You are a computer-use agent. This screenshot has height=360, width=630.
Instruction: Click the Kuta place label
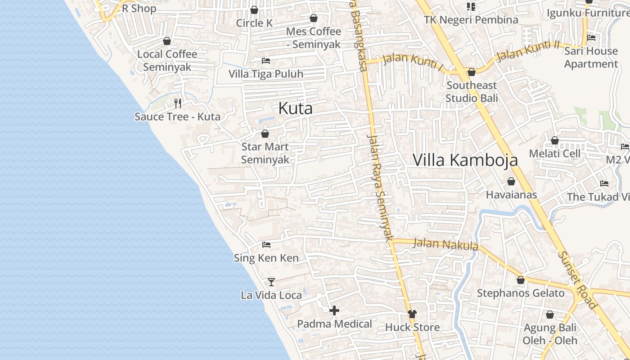pyautogui.click(x=295, y=108)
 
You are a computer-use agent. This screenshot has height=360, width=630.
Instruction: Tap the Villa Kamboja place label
pyautogui.click(x=465, y=160)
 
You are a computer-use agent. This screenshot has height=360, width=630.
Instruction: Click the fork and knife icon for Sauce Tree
pyautogui.click(x=178, y=103)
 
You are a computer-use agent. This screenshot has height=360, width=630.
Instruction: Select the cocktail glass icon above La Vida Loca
pyautogui.click(x=271, y=282)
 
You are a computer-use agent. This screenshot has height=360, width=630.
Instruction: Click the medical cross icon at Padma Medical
pyautogui.click(x=334, y=310)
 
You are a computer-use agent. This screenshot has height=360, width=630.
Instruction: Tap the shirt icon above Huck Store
pyautogui.click(x=412, y=314)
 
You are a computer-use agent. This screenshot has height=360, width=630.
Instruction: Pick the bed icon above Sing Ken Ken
pyautogui.click(x=266, y=245)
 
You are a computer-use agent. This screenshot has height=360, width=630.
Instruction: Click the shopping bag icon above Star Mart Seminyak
pyautogui.click(x=265, y=134)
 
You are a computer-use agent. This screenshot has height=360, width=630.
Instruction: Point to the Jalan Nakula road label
pyautogui.click(x=445, y=244)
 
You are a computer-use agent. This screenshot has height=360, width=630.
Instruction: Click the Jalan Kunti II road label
pyautogui.click(x=527, y=51)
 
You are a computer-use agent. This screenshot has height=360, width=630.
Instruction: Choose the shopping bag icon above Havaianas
pyautogui.click(x=511, y=181)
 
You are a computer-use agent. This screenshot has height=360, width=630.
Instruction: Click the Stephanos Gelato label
pyautogui.click(x=521, y=293)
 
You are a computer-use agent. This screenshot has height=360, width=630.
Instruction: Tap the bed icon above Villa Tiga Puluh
pyautogui.click(x=266, y=60)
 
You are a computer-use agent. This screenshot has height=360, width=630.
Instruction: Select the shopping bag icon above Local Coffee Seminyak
pyautogui.click(x=167, y=41)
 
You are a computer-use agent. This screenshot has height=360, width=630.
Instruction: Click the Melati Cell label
pyautogui.click(x=554, y=153)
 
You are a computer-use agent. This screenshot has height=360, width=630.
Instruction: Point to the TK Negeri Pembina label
pyautogui.click(x=471, y=20)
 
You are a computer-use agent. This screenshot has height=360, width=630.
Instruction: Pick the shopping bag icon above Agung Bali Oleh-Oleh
pyautogui.click(x=549, y=315)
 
